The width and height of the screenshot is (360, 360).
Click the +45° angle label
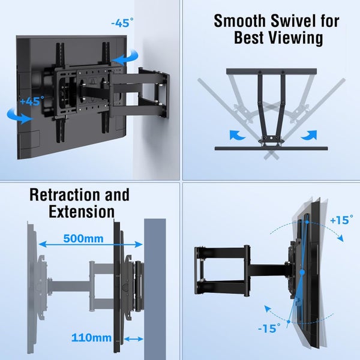(x=31, y=101)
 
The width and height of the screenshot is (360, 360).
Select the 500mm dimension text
(x=83, y=238)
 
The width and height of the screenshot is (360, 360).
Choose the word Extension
(x=82, y=211)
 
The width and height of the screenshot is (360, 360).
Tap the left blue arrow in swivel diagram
(x=236, y=134)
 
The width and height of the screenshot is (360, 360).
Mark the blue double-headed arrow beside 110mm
(x=133, y=338)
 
